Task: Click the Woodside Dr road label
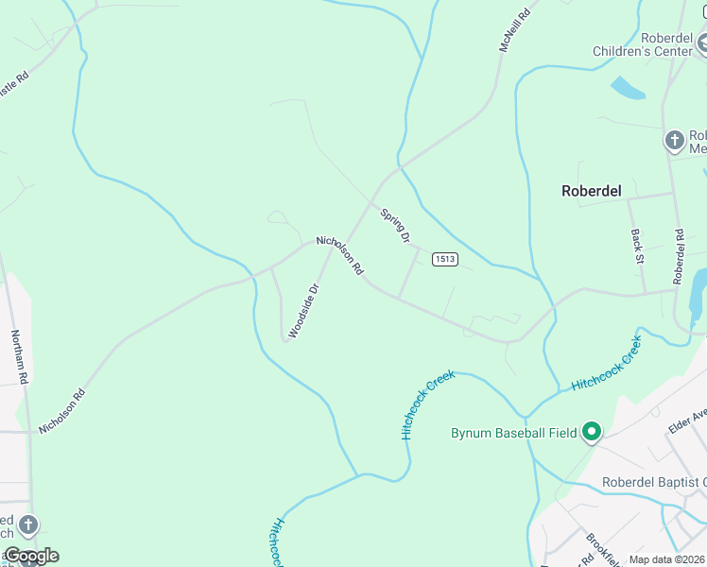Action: click(x=304, y=310)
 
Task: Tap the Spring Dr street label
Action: click(x=395, y=227)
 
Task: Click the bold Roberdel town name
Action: click(x=592, y=191)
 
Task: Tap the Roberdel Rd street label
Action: click(x=678, y=256)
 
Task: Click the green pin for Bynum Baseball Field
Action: click(x=592, y=433)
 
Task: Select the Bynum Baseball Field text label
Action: click(x=512, y=434)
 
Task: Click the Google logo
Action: click(x=31, y=556)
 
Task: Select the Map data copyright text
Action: click(x=666, y=559)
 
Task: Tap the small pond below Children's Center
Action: click(x=628, y=89)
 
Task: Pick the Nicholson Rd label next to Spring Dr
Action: click(x=340, y=255)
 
